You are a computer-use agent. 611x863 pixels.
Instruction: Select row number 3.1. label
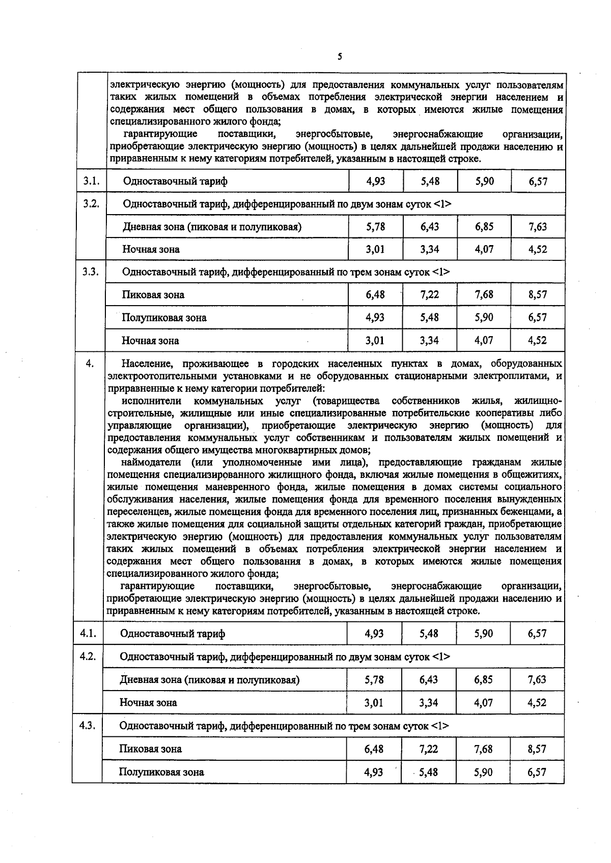pyautogui.click(x=92, y=181)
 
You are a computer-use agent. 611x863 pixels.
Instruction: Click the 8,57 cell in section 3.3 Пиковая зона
pyautogui.click(x=538, y=294)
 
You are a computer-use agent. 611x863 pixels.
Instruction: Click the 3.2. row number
pyautogui.click(x=92, y=203)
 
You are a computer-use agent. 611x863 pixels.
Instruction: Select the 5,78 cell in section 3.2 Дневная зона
pyautogui.click(x=376, y=226)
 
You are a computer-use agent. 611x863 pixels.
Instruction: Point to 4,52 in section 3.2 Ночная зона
pyautogui.click(x=538, y=249)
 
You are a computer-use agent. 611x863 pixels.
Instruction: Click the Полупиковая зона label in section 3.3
pyautogui.click(x=164, y=318)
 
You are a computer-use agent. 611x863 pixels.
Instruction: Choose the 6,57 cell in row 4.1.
pyautogui.click(x=537, y=634)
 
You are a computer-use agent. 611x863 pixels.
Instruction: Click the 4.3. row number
pyautogui.click(x=88, y=725)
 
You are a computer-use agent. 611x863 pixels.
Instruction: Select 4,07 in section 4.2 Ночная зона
pyautogui.click(x=483, y=703)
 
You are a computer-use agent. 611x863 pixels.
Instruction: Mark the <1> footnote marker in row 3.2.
pyautogui.click(x=442, y=204)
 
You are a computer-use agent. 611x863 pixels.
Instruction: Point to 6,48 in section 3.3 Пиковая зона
pyautogui.click(x=375, y=294)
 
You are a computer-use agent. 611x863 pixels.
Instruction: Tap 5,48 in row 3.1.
pyautogui.click(x=430, y=181)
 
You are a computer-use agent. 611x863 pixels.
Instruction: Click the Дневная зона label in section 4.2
pyautogui.click(x=151, y=680)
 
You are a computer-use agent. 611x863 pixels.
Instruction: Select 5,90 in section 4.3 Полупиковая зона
pyautogui.click(x=483, y=772)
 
